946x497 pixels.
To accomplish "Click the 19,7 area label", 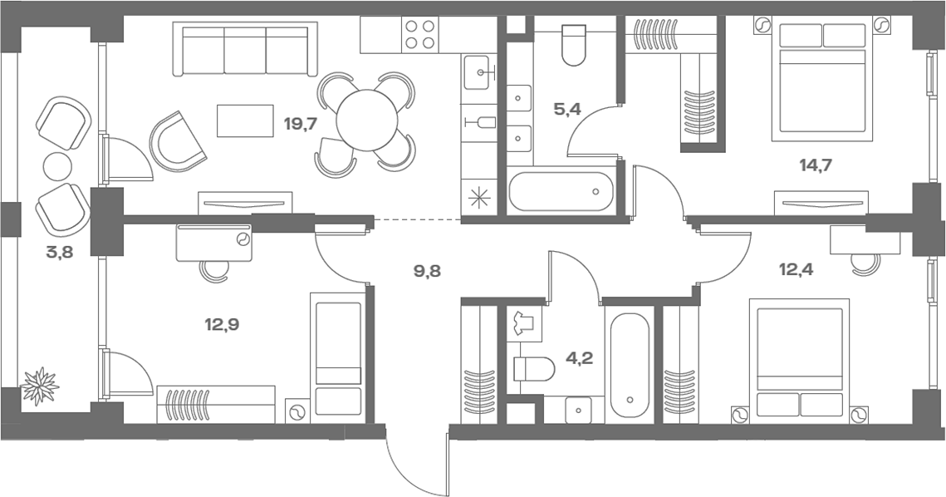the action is click(x=301, y=125).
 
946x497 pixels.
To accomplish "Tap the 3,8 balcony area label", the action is click(x=59, y=252).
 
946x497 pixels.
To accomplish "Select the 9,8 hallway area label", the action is click(x=427, y=271).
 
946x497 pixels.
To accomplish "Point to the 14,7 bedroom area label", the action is click(x=816, y=165).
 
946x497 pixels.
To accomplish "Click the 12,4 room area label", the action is click(x=797, y=269).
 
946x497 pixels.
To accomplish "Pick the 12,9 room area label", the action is click(x=222, y=325).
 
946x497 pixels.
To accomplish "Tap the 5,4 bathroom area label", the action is click(x=566, y=110).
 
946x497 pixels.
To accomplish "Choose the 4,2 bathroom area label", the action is click(x=579, y=358).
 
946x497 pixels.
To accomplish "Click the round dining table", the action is click(x=367, y=121).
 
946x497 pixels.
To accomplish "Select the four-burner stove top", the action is click(x=420, y=34).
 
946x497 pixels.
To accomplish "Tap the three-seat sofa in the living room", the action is click(x=245, y=50).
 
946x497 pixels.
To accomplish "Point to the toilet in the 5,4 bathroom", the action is click(x=573, y=44).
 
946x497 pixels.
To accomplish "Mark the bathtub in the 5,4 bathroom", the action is click(x=561, y=191).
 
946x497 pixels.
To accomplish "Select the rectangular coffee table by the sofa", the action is click(x=245, y=121).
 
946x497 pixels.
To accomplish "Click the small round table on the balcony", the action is click(x=57, y=165).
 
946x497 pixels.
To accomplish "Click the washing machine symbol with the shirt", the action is click(x=524, y=323).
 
